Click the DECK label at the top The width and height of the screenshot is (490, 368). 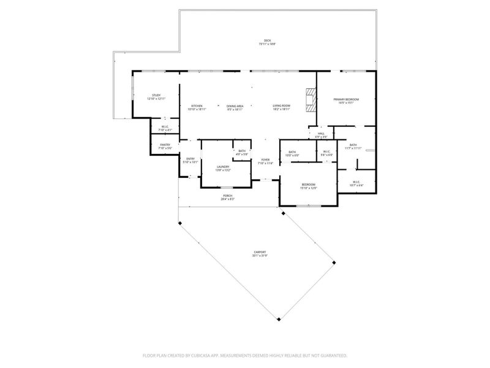coord(267,41)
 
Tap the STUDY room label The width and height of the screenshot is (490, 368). coord(156,95)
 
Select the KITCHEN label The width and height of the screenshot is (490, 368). coord(197,106)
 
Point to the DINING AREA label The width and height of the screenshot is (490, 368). coord(235,106)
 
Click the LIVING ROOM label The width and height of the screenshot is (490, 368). coord(281,106)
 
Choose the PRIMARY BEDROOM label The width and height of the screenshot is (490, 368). coord(346,99)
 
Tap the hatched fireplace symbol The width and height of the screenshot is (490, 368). coord(311,98)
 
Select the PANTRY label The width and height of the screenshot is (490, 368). coord(165,145)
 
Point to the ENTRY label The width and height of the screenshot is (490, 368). coord(190,159)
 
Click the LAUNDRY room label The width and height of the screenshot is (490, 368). coord(223,167)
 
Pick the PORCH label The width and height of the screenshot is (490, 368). coord(228,196)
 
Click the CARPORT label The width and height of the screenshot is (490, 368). coord(260,252)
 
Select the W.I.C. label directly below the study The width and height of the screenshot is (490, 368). coord(165,127)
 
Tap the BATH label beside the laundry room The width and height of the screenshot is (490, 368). coord(242,151)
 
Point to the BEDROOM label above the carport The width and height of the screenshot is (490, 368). coord(308,185)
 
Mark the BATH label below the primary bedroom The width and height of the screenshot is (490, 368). coord(353,145)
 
